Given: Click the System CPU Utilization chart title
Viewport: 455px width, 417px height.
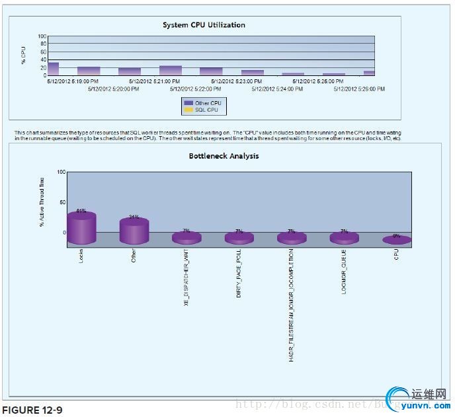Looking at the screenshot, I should point(204,25).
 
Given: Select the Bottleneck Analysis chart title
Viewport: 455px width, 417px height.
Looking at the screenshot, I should point(224,156).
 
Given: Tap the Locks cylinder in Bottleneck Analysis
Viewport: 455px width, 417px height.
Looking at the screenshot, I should point(81,227).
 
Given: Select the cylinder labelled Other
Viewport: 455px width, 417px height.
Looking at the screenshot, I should point(134,229).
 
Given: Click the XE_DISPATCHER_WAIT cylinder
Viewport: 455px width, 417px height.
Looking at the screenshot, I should point(186,237).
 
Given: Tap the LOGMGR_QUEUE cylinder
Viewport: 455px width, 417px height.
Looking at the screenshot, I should point(344,237).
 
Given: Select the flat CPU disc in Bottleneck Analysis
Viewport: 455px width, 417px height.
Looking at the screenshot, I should point(396,240).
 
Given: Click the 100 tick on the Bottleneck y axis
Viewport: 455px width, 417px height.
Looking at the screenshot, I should point(62,172).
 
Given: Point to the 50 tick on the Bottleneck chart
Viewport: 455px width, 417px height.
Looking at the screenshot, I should point(63,202).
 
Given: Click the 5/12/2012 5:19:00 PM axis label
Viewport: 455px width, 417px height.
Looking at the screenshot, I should point(73,81).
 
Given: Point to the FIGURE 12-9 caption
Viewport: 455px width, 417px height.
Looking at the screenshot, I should point(33,410).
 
